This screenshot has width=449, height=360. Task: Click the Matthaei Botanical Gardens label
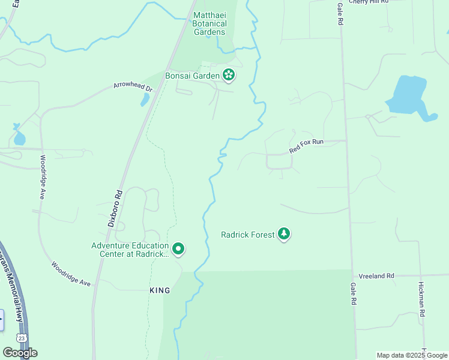[209, 23]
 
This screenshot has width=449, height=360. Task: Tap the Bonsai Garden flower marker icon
[229, 75]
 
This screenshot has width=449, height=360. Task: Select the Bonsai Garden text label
[192, 76]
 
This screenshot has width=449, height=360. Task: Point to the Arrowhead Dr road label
[133, 86]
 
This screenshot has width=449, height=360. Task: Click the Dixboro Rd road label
[115, 208]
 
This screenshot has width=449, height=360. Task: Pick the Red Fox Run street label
[306, 146]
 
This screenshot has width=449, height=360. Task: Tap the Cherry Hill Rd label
[369, 2]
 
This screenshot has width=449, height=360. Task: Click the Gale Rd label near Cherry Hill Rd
[340, 13]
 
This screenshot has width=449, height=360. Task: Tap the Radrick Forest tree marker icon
[283, 235]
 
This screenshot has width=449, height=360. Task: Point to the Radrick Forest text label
[247, 235]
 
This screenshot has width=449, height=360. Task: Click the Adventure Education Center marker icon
[178, 248]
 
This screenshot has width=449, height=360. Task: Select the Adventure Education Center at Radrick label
[130, 250]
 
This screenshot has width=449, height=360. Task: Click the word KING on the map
[160, 290]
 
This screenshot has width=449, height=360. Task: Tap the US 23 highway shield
[22, 338]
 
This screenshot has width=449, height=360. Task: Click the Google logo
[20, 353]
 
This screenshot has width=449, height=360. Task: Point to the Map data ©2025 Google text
[412, 355]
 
